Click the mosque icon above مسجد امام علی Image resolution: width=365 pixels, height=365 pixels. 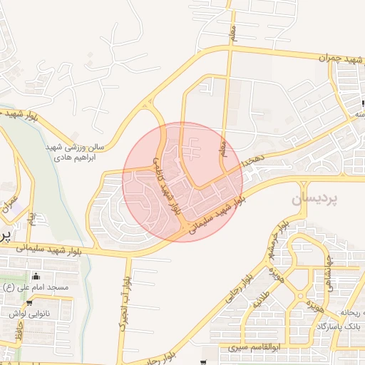(37, 277)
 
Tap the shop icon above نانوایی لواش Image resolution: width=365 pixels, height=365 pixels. (29, 302)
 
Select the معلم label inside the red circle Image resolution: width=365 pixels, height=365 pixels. (223, 148)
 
